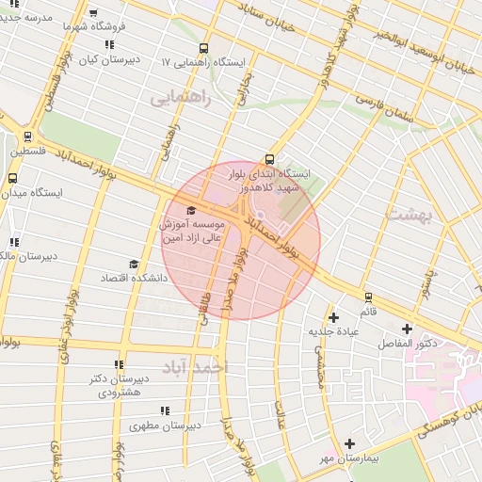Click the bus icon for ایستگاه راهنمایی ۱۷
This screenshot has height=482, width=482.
[203, 49]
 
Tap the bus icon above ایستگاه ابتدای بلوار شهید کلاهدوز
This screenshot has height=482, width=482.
[271, 158]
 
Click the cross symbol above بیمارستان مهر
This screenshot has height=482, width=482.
[349, 443]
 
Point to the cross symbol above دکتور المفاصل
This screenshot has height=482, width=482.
[407, 329]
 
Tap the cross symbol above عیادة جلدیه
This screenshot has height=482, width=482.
[333, 317]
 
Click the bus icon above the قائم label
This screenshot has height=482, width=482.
[368, 297]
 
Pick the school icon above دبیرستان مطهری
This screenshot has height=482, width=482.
[166, 410]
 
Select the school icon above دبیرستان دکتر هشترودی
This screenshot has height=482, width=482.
[118, 364]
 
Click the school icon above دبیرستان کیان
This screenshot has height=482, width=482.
[110, 43]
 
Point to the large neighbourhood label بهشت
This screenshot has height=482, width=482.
[408, 215]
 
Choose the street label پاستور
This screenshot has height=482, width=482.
[426, 281]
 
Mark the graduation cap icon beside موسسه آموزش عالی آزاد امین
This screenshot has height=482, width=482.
[192, 210]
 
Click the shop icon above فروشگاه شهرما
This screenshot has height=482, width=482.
[92, 13]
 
